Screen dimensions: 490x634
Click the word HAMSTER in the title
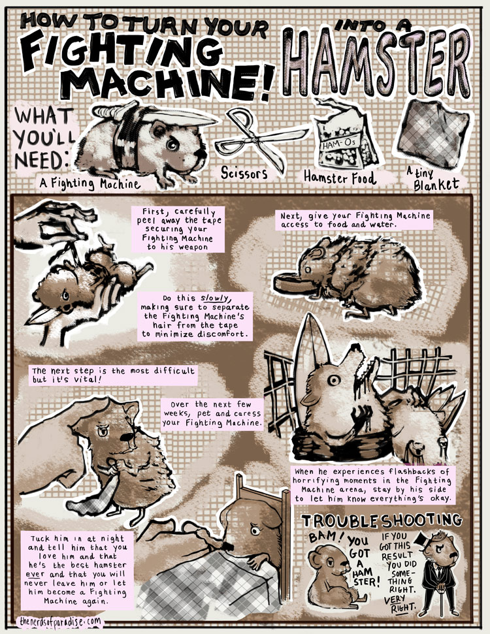(377, 63)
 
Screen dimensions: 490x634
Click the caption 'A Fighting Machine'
(90, 184)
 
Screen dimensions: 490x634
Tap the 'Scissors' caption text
(244, 173)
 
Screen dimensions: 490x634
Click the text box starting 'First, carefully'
(178, 229)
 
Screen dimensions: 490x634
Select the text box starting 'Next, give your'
(355, 220)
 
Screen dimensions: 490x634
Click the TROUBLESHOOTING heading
(382, 521)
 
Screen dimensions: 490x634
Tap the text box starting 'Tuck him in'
(77, 570)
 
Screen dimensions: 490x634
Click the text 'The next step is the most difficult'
(113, 371)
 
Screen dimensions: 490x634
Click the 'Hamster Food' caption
(340, 178)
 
